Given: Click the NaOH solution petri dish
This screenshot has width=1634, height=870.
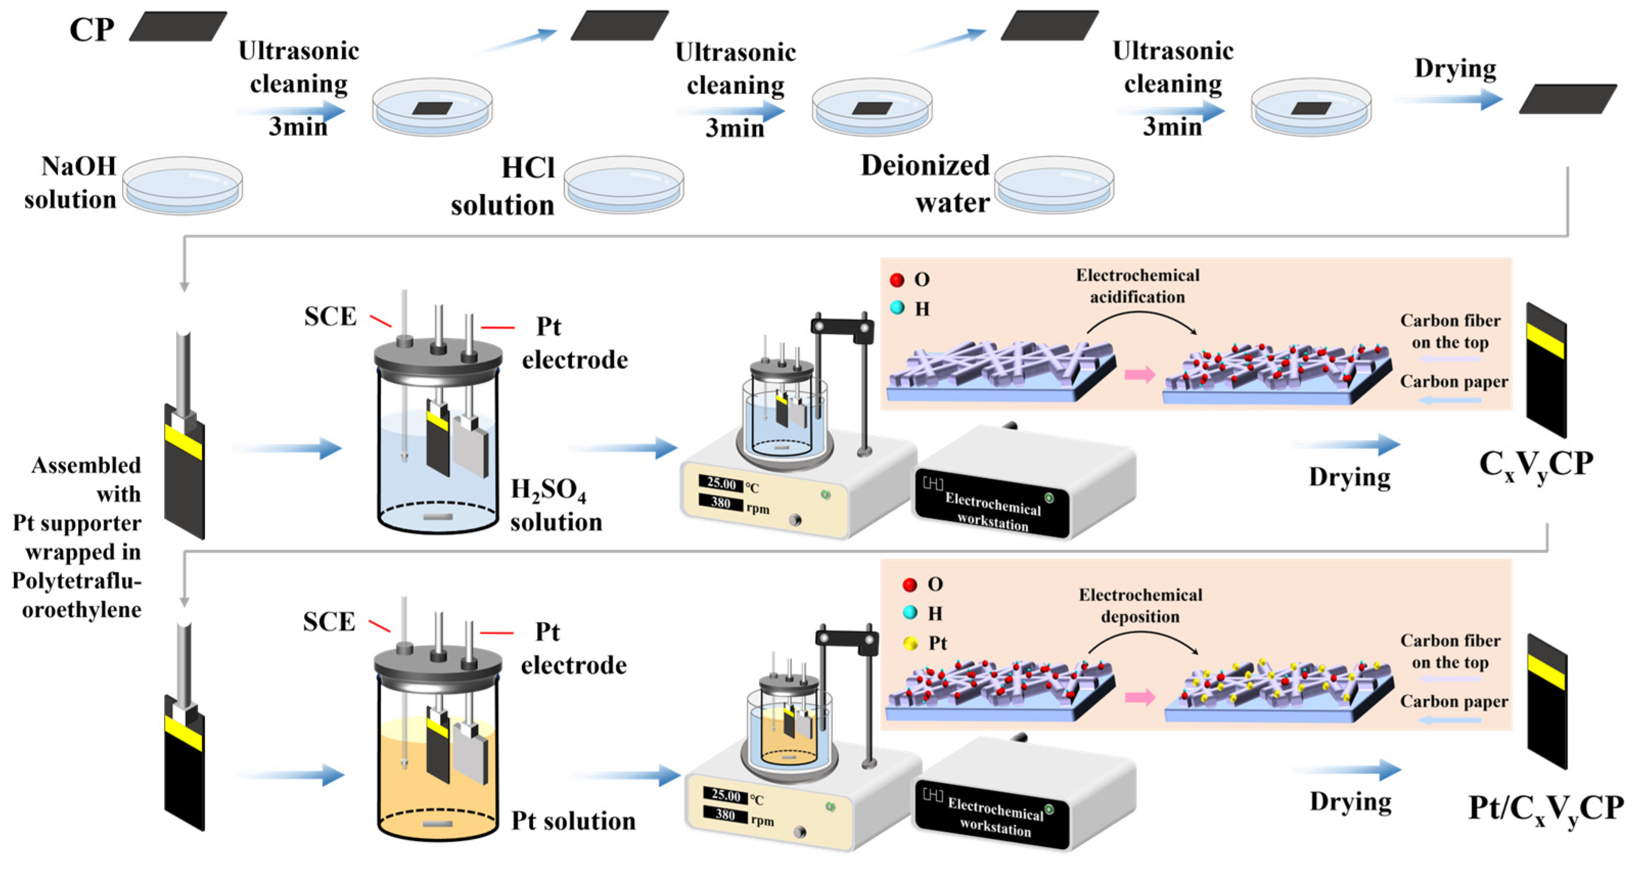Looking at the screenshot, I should [182, 185].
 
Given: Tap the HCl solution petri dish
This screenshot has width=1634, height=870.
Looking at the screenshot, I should [624, 185].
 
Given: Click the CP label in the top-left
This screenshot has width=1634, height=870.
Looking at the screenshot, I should [91, 30].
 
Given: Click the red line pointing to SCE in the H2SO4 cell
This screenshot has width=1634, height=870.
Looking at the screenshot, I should [381, 321].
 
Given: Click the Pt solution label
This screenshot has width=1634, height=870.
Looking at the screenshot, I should [573, 820].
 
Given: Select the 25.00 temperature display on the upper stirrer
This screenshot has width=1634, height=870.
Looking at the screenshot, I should [721, 484].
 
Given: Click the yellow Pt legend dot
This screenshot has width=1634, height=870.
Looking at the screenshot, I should [910, 644].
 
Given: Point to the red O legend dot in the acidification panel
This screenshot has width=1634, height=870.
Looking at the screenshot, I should [896, 279].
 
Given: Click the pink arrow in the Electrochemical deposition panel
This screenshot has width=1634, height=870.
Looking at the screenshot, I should [1139, 697].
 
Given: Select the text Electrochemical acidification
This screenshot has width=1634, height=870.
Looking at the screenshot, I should [1137, 286].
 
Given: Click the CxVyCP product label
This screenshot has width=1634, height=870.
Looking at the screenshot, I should [1535, 465].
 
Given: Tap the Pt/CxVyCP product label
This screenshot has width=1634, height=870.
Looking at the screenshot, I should [1545, 810].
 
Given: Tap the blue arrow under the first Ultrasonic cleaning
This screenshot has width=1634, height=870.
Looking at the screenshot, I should [292, 111].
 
